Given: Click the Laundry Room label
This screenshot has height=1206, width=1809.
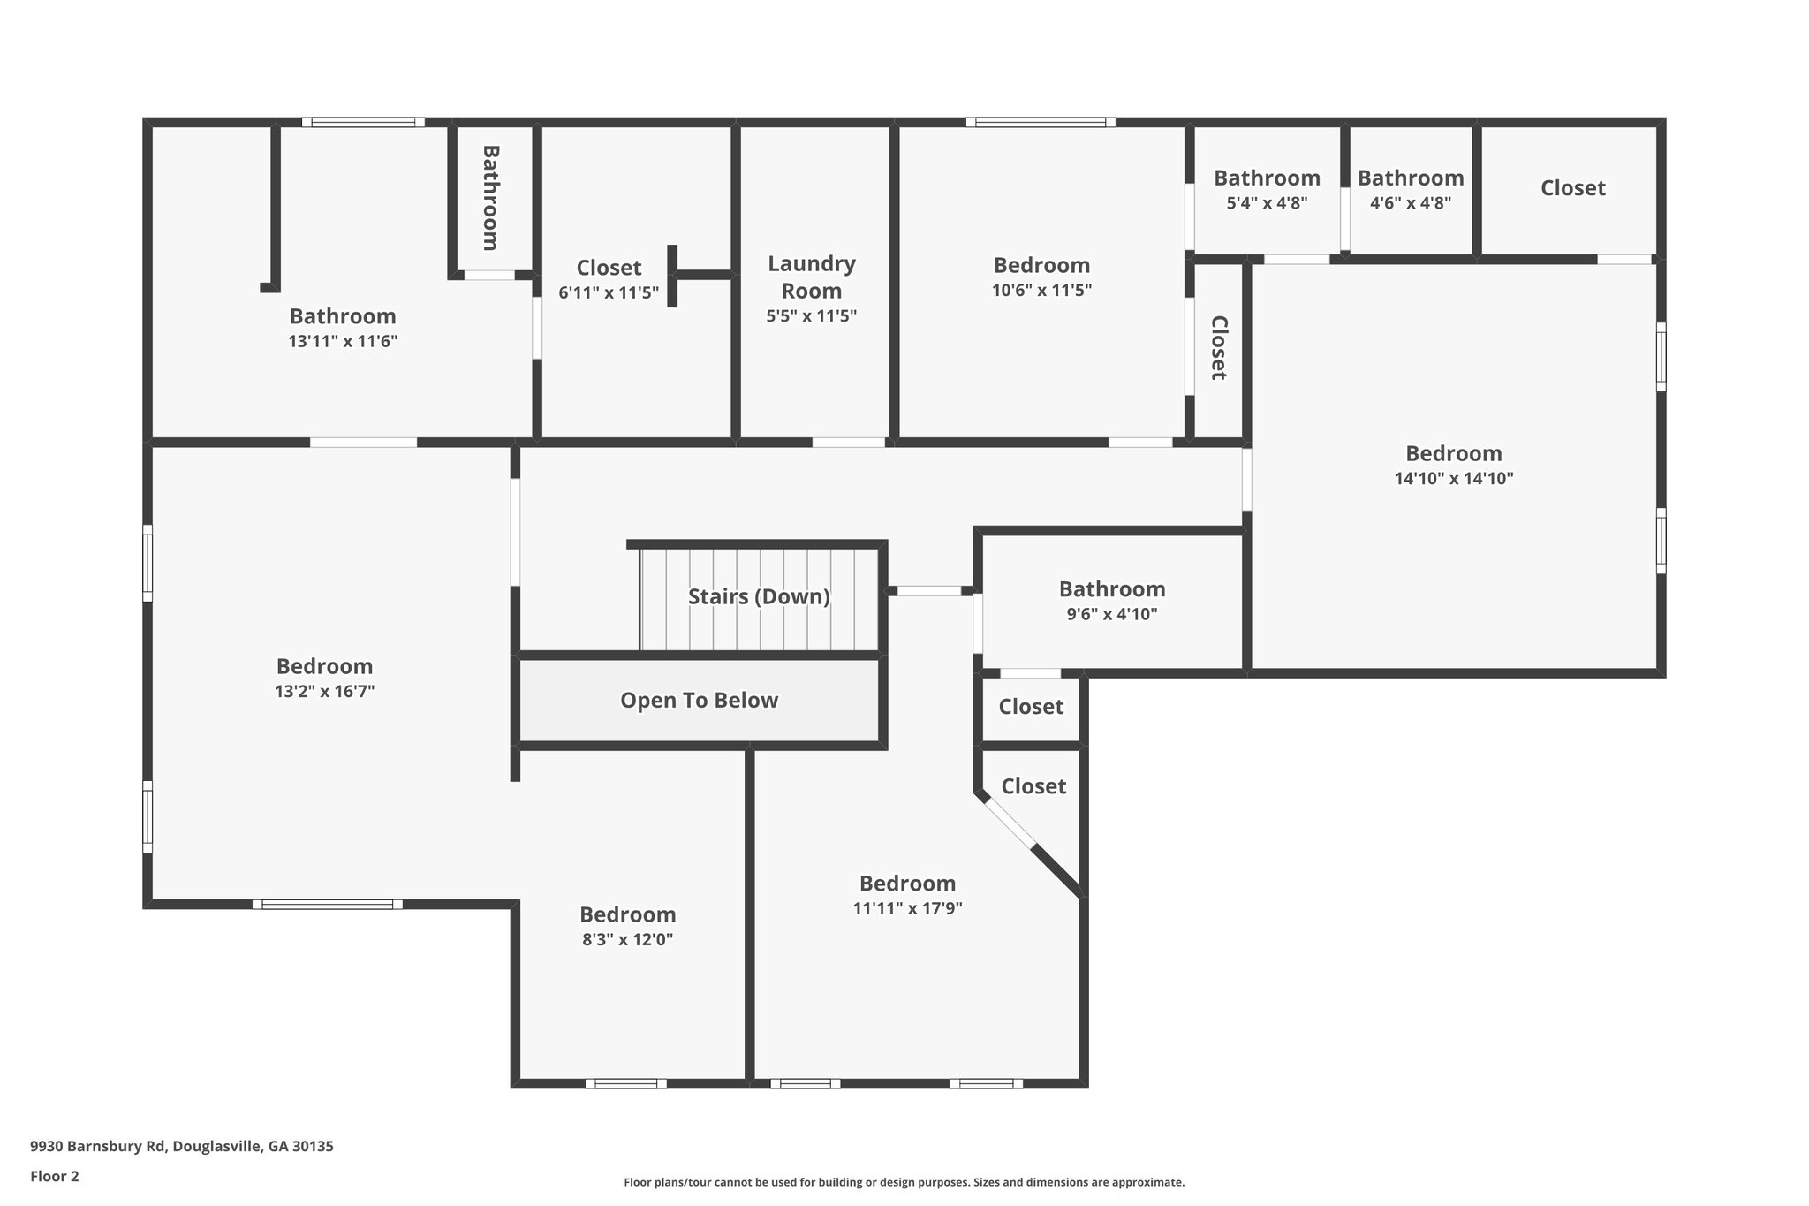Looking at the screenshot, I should click(x=811, y=277).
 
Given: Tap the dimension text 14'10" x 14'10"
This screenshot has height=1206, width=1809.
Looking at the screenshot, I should click(x=1454, y=479).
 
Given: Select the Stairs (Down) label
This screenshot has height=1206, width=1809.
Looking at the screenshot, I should click(x=759, y=596).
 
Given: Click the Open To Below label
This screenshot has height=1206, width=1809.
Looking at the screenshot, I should click(x=699, y=701).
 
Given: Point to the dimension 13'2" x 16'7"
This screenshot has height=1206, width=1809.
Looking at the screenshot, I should click(x=324, y=692).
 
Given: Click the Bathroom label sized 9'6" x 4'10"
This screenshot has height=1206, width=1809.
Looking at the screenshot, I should click(x=1111, y=589).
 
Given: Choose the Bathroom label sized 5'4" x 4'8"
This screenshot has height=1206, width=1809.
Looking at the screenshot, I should click(x=1267, y=178).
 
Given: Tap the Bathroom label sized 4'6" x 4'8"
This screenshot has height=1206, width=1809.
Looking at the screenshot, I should click(x=1410, y=178).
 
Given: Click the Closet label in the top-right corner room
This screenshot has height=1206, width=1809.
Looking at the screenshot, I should click(x=1572, y=188).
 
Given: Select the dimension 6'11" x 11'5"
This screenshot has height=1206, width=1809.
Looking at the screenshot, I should click(x=609, y=292).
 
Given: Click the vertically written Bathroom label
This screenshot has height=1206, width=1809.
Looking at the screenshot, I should click(x=491, y=198).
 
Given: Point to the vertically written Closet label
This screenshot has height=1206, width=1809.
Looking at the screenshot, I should click(x=1219, y=348).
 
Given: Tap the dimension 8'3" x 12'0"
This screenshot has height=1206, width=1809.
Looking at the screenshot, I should click(x=627, y=940).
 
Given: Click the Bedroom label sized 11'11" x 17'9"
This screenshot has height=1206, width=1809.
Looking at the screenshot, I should click(x=907, y=884).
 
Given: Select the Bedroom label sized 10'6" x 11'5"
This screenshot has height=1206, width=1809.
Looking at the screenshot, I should click(x=1041, y=265).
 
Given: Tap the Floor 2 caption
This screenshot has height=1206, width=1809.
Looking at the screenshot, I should click(x=55, y=1176).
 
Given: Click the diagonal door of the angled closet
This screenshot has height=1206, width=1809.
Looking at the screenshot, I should click(x=1009, y=823).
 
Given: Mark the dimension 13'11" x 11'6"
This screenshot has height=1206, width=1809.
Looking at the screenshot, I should click(x=343, y=341).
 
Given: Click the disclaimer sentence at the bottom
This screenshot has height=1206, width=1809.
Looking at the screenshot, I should click(x=904, y=1182).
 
